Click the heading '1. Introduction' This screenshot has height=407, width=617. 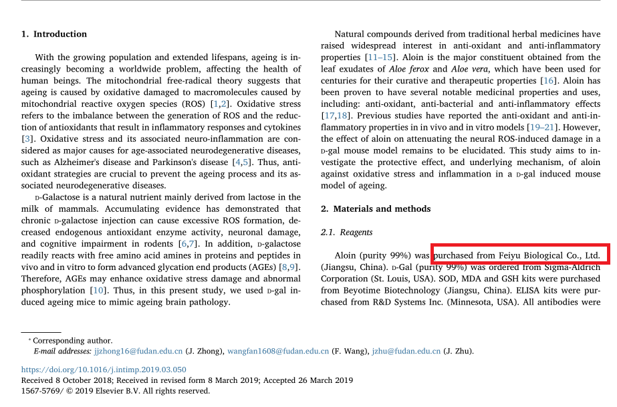[54, 34]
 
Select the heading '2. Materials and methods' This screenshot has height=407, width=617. [375, 209]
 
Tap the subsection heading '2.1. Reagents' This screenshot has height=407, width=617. [347, 232]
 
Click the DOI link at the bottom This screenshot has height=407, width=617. [104, 369]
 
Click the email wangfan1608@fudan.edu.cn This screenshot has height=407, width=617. [278, 351]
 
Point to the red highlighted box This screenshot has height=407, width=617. [520, 255]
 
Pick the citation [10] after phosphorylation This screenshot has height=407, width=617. [98, 290]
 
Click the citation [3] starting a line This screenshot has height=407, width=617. [27, 138]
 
